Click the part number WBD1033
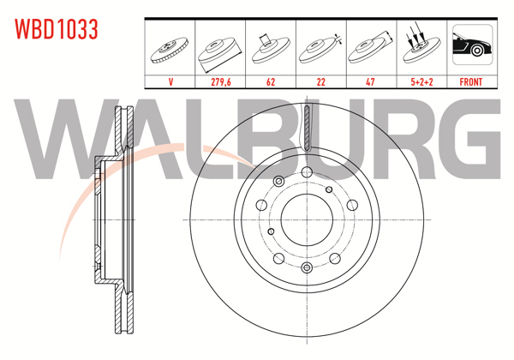click(x=57, y=29)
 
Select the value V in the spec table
click(x=170, y=82)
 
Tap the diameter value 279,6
click(x=221, y=82)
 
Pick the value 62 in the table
click(x=271, y=82)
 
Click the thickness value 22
click(x=320, y=82)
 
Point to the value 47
click(x=371, y=82)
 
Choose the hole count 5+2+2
click(x=421, y=82)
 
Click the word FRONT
click(x=471, y=82)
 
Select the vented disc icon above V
click(x=170, y=50)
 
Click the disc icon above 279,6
click(x=221, y=50)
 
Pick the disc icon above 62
click(x=271, y=50)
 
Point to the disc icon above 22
click(x=320, y=50)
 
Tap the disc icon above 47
click(x=371, y=50)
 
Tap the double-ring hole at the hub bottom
click(x=306, y=269)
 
